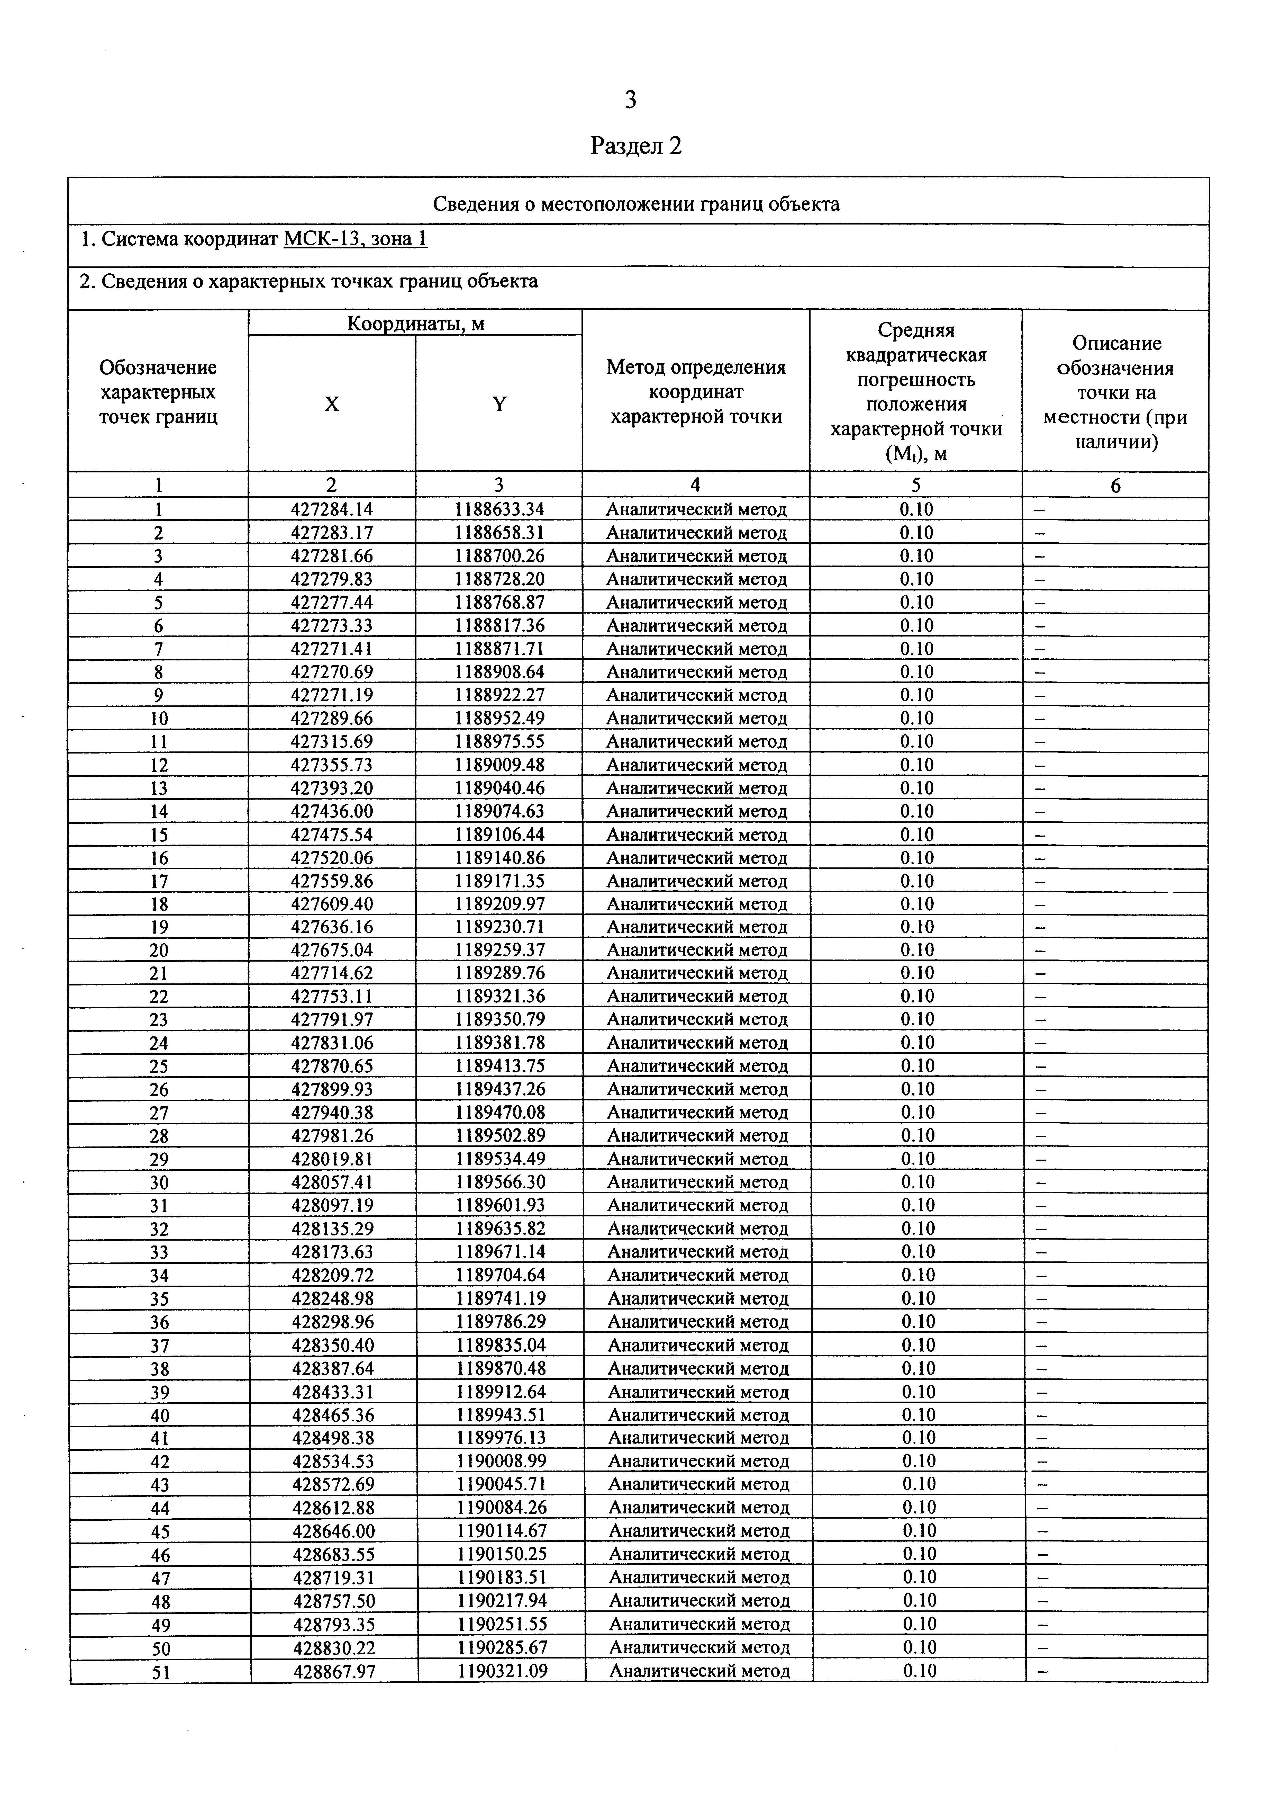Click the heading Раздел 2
pyautogui.click(x=635, y=146)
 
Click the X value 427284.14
pyautogui.click(x=332, y=509)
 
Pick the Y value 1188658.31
pyautogui.click(x=499, y=532)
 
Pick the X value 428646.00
pyautogui.click(x=334, y=1531)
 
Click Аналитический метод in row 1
pyautogui.click(x=696, y=509)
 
